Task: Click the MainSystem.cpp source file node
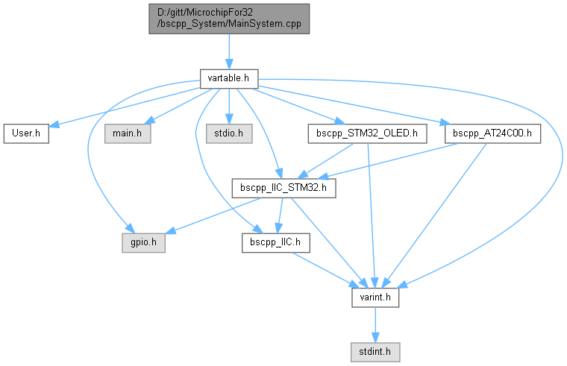click(x=228, y=18)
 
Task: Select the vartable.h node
click(x=228, y=77)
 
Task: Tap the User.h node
click(x=26, y=133)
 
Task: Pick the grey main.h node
click(x=128, y=133)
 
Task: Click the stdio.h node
click(x=229, y=133)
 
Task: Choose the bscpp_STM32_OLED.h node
click(x=367, y=133)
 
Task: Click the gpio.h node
click(x=145, y=242)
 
